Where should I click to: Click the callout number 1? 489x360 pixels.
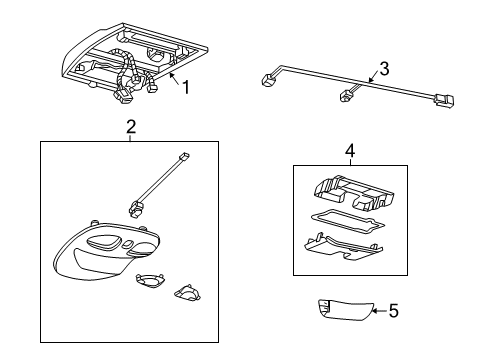186,87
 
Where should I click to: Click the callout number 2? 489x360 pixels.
131,127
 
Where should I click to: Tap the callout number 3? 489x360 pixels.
384,69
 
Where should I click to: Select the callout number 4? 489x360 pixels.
350,151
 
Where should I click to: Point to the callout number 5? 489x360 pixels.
394,311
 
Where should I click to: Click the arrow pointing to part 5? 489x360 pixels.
379,311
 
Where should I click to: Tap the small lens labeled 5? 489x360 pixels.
344,310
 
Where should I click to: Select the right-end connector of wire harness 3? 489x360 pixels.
444,100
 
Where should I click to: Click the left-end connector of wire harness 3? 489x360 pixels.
267,81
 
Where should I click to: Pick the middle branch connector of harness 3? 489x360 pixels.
344,97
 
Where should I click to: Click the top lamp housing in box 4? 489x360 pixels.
354,194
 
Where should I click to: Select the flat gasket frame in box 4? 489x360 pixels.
347,221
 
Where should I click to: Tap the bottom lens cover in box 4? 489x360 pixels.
344,247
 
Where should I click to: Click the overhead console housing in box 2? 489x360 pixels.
106,250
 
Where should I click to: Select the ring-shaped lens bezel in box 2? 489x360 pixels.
148,281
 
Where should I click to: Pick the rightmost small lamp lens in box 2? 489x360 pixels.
187,292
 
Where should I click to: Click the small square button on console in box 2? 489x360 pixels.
126,244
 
